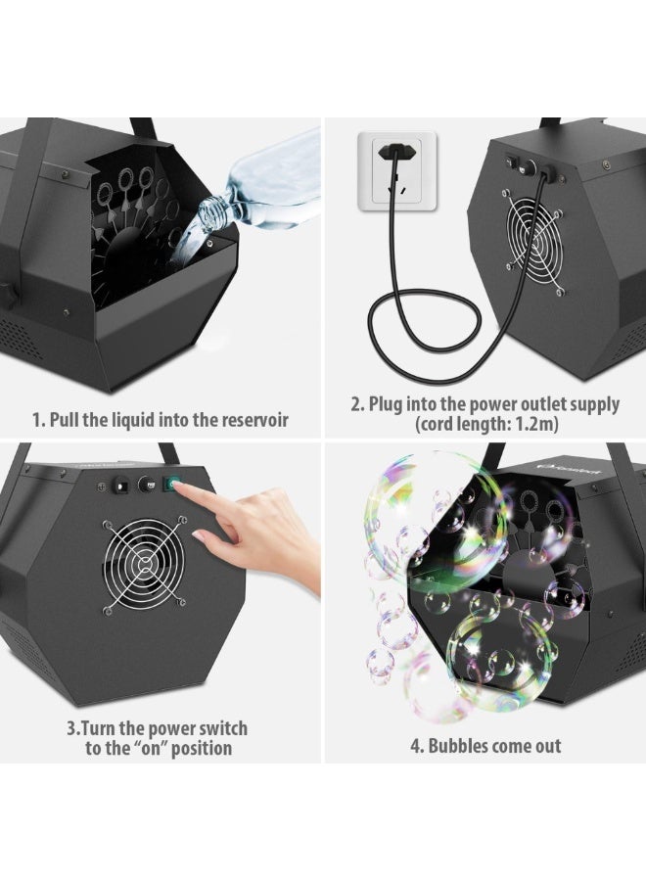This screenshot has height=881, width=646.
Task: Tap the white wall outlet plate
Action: pyautogui.click(x=397, y=172)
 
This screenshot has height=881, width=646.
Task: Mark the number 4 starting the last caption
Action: pyautogui.click(x=415, y=746)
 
